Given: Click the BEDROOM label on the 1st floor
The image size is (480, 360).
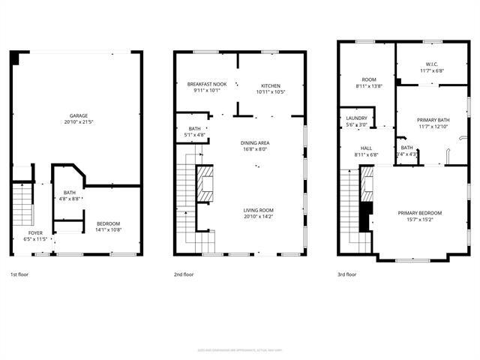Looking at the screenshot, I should tap(108, 224).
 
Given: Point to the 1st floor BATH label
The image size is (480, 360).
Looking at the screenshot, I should tap(70, 192).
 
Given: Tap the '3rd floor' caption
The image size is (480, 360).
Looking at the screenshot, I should tap(347, 274).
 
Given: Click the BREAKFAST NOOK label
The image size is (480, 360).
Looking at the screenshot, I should tap(206, 85).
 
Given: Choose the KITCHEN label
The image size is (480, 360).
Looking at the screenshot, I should tap(271, 85).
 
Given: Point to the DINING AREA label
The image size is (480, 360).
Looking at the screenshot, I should tap(255, 142).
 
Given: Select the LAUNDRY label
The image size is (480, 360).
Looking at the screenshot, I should tap(355, 118).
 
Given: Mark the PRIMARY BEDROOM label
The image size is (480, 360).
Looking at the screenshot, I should tap(420, 213).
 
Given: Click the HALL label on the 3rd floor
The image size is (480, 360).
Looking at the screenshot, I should tap(366, 148).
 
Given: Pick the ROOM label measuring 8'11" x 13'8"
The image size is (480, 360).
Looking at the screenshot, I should tap(368, 79).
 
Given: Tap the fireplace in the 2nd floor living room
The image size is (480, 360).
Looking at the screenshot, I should tap(205, 184).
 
